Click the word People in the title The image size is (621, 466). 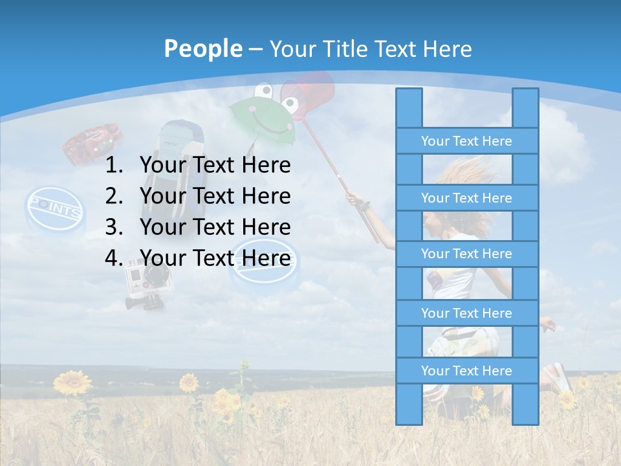[202, 49]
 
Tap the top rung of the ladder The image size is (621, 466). [466, 141]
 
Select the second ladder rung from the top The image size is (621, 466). [466, 198]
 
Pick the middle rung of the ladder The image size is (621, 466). [466, 254]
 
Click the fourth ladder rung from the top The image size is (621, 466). [466, 313]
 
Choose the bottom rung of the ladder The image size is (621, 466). [466, 371]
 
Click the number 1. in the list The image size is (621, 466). [114, 166]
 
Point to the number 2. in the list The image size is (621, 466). [114, 196]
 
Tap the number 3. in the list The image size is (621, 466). [114, 227]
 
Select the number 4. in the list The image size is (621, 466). [114, 258]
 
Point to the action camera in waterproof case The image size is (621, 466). [146, 282]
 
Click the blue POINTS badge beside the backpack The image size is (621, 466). [55, 208]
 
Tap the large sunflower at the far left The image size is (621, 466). [72, 383]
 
